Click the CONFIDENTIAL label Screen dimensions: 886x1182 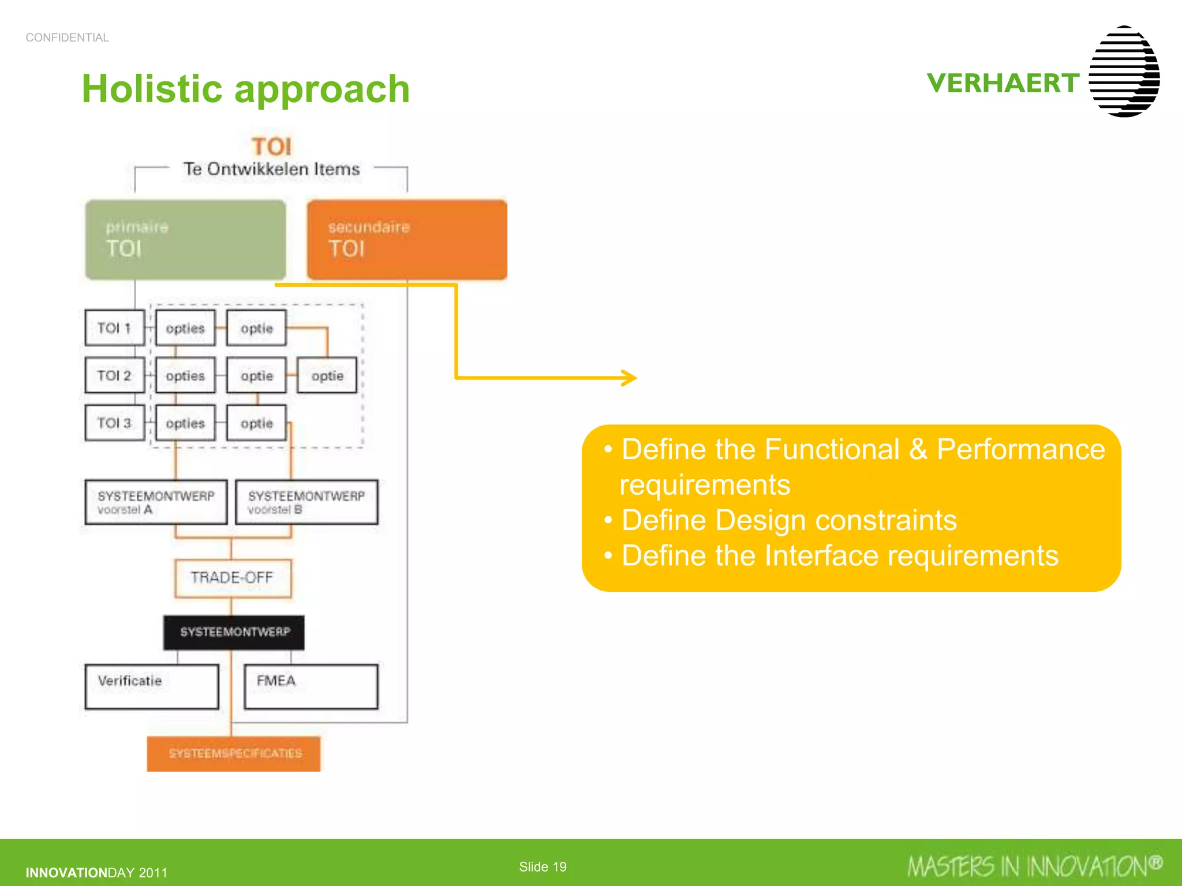coord(67,37)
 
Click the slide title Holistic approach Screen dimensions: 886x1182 coord(245,89)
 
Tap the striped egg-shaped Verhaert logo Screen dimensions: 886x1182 coord(1124,72)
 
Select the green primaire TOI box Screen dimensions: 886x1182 coord(185,239)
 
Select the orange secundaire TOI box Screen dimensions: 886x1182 coord(407,239)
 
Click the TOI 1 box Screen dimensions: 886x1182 coord(114,328)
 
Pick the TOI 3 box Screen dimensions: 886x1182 coord(114,423)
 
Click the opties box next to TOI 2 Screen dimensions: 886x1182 coord(185,376)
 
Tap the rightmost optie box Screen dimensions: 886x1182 coord(327,376)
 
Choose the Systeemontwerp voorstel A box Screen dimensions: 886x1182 coord(156,502)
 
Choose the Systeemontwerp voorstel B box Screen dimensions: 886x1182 coord(306,502)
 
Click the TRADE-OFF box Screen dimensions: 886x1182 coord(233,577)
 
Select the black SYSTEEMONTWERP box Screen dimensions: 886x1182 coord(234,632)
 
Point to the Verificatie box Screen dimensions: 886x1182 coord(152,686)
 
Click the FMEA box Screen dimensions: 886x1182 coord(311,686)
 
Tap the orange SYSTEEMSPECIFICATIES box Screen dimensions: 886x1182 coord(234,753)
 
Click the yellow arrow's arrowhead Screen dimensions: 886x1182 coord(630,378)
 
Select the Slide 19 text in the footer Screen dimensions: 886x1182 coord(543,866)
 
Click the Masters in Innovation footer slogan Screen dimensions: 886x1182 coord(1033,866)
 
